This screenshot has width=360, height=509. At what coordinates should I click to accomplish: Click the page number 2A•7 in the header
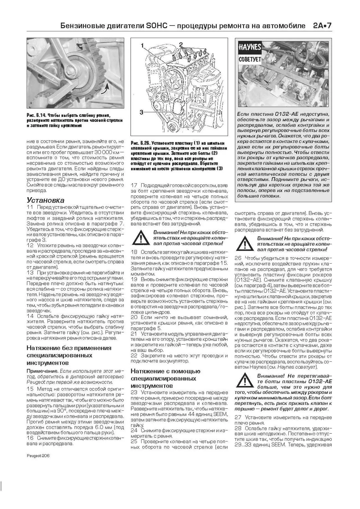322,26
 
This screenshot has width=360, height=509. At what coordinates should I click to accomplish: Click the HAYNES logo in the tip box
250,47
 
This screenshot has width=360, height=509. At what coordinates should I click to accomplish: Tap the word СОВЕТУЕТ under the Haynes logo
250,59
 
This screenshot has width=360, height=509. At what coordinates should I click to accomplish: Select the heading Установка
45,200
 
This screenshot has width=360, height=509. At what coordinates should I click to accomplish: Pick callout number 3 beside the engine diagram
142,112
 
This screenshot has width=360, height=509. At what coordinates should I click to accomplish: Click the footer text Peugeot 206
38,456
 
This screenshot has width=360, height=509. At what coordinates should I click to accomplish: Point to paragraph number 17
134,185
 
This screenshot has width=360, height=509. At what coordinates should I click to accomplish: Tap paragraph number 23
134,392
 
